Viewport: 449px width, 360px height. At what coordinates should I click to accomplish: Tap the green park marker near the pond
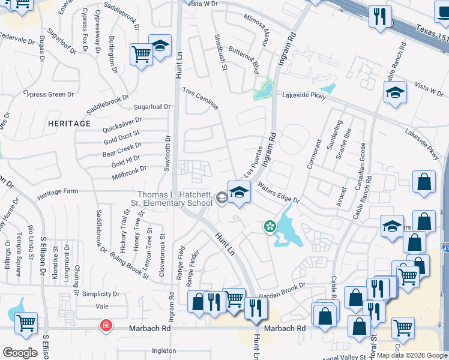click(270, 226)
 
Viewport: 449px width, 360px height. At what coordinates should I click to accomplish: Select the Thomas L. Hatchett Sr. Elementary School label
click(175, 199)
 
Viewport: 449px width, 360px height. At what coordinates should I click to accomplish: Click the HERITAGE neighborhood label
click(70, 124)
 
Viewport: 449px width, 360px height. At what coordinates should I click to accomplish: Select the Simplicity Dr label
click(101, 294)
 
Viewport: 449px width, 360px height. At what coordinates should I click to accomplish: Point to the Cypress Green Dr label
click(48, 94)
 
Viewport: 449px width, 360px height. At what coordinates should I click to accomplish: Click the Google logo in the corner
click(20, 352)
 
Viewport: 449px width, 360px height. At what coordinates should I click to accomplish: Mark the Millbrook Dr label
click(129, 173)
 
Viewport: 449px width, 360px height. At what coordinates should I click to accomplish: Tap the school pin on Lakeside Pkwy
click(396, 92)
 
